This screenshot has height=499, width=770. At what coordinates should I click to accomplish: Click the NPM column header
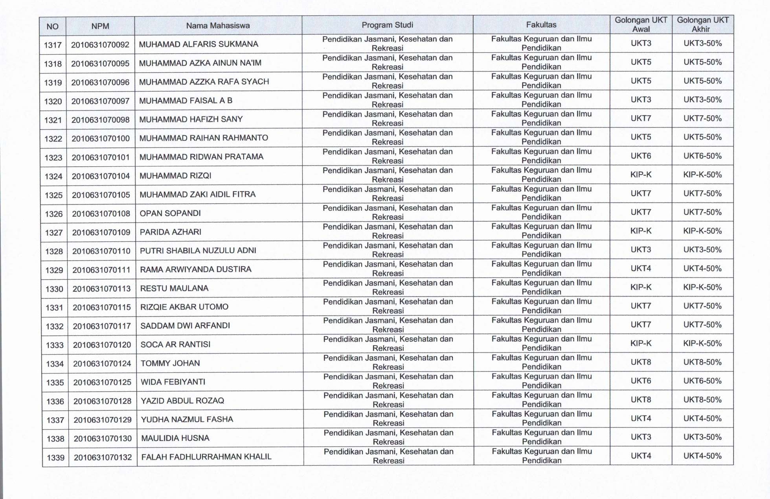click(100, 26)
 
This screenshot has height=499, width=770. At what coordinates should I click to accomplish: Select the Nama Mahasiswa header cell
click(218, 26)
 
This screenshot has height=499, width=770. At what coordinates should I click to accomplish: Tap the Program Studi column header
click(387, 25)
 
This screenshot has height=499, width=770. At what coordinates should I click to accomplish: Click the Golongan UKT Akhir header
click(702, 24)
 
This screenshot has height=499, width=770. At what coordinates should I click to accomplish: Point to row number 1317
click(53, 45)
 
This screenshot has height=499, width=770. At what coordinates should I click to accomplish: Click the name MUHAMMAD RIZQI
click(175, 176)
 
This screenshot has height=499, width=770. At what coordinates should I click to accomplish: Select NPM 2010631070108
click(101, 214)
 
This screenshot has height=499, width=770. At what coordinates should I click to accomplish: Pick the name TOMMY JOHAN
click(170, 363)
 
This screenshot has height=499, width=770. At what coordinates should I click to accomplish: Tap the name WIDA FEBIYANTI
click(173, 382)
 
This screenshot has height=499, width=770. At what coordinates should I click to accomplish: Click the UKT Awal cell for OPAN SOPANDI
click(641, 212)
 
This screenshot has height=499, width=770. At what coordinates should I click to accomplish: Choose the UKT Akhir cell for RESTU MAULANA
click(702, 287)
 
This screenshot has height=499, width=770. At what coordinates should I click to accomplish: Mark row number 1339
click(55, 458)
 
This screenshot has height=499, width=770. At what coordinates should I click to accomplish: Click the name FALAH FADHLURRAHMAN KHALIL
click(206, 457)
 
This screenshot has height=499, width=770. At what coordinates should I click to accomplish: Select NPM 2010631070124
click(102, 364)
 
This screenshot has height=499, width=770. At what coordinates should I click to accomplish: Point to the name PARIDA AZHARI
click(171, 232)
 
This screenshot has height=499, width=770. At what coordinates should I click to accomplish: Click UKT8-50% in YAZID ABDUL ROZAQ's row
click(702, 400)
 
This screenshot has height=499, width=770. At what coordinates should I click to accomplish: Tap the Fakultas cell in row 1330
click(541, 287)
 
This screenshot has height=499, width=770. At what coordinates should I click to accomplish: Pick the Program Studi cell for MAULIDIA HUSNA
click(388, 437)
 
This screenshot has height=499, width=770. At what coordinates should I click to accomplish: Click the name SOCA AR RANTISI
click(175, 344)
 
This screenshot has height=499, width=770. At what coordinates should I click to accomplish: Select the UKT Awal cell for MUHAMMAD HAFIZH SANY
click(641, 118)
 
